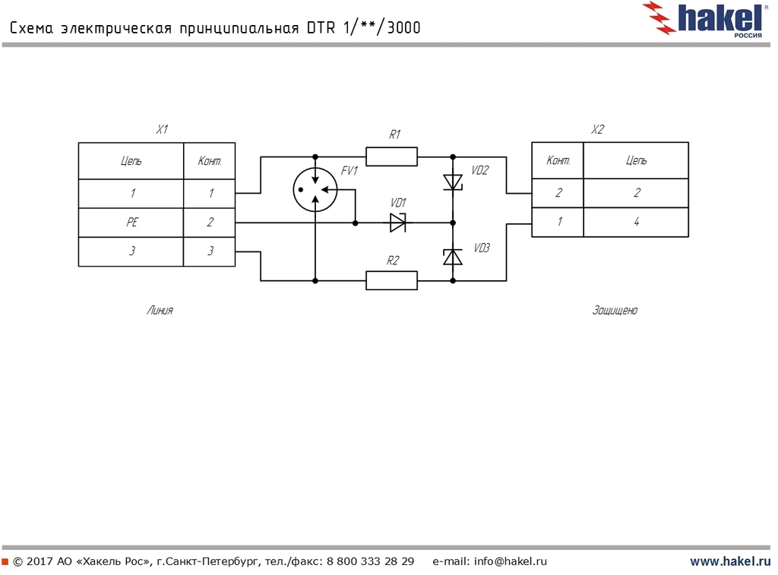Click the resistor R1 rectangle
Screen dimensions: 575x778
(x=391, y=156)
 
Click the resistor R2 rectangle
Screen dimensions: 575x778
(x=391, y=280)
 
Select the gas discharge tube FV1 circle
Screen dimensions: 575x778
(x=315, y=189)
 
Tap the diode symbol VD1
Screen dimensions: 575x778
(x=398, y=223)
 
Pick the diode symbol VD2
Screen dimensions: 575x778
(x=453, y=182)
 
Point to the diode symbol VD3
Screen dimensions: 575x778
(x=453, y=257)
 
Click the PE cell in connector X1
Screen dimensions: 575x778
(x=131, y=223)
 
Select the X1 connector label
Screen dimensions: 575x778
(x=162, y=130)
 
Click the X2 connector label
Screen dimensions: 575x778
(x=597, y=130)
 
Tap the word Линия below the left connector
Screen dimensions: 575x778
(x=160, y=310)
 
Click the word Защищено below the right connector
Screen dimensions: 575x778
(x=615, y=310)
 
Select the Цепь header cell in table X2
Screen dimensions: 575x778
(x=636, y=160)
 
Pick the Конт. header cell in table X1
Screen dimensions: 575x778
(x=210, y=161)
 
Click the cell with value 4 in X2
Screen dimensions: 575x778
(x=636, y=222)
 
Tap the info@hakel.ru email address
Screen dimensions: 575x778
(x=511, y=561)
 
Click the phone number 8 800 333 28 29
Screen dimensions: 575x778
(x=370, y=561)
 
